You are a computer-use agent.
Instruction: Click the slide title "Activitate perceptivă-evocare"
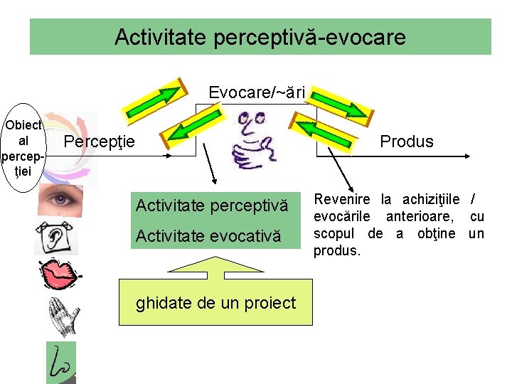point(260,36)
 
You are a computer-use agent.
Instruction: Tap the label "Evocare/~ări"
point(257,92)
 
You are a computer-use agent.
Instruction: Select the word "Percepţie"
point(100,142)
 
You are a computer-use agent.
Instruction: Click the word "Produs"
point(406,142)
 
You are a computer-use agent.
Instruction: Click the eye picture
point(60,200)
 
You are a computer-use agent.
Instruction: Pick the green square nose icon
point(60,363)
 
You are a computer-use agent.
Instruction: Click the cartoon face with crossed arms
point(255,139)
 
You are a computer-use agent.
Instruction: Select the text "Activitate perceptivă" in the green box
point(212,206)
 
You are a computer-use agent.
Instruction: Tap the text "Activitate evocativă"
point(208,235)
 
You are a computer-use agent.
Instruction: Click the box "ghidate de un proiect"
point(215,304)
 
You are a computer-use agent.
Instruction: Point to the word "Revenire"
point(338,199)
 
